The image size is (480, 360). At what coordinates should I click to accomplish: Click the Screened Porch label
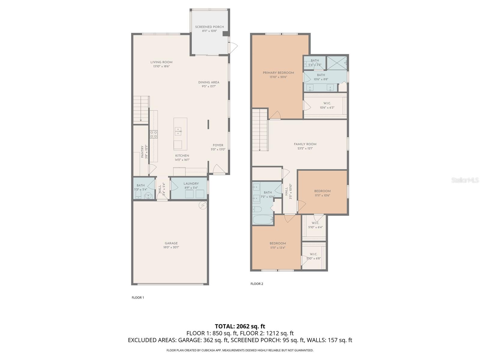(x=209, y=27)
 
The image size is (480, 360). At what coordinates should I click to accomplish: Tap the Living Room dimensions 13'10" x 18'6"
(x=161, y=67)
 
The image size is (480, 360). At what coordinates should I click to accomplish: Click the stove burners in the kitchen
(x=154, y=134)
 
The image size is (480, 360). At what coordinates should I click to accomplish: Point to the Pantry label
(x=142, y=152)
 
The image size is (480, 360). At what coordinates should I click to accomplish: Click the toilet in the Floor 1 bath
(x=138, y=195)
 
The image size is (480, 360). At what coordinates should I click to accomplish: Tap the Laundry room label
(x=191, y=184)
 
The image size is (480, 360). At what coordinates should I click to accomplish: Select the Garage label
(x=171, y=243)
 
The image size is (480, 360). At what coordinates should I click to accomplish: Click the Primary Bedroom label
(x=278, y=73)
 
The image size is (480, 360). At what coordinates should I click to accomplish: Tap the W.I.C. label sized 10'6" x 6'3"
(x=327, y=103)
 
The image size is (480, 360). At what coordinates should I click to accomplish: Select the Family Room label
(x=305, y=144)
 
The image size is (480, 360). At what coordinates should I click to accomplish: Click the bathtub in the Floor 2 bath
(x=262, y=220)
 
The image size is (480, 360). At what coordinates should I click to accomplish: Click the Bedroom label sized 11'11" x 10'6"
(x=322, y=191)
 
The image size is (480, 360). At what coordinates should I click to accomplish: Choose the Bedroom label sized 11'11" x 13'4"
(x=277, y=243)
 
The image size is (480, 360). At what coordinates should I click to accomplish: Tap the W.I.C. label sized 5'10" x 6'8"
(x=313, y=254)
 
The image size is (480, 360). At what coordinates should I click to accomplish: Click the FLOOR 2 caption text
(x=257, y=284)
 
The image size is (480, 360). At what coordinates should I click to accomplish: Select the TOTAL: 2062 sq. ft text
(x=240, y=326)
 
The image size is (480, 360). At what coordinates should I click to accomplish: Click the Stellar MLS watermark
(x=465, y=180)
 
